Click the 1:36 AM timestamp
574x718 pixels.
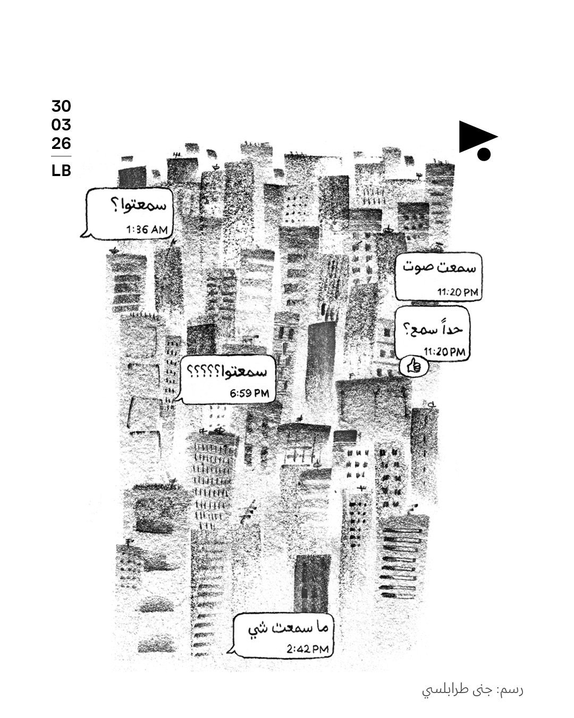[147, 230]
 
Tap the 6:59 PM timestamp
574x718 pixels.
[249, 394]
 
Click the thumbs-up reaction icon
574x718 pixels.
[413, 366]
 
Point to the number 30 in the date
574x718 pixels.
[61, 106]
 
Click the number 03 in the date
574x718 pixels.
[61, 125]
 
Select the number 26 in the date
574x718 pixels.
[61, 144]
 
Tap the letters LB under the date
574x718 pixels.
[61, 171]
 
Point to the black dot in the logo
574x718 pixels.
[484, 154]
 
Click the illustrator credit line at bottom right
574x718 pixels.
[472, 690]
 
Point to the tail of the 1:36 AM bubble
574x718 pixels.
[84, 233]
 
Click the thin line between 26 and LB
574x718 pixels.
[61, 156]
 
